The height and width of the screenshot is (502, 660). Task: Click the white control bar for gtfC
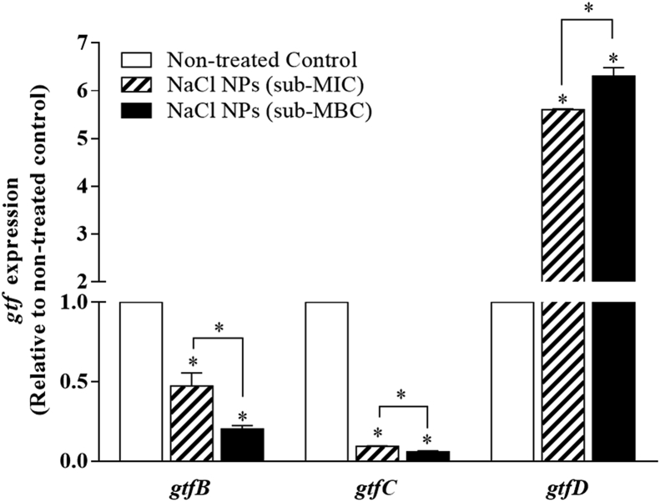[327, 381]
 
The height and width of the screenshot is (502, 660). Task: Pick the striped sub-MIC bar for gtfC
[377, 454]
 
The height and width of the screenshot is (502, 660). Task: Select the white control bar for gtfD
[512, 381]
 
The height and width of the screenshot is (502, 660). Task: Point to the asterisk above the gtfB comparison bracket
[218, 328]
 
